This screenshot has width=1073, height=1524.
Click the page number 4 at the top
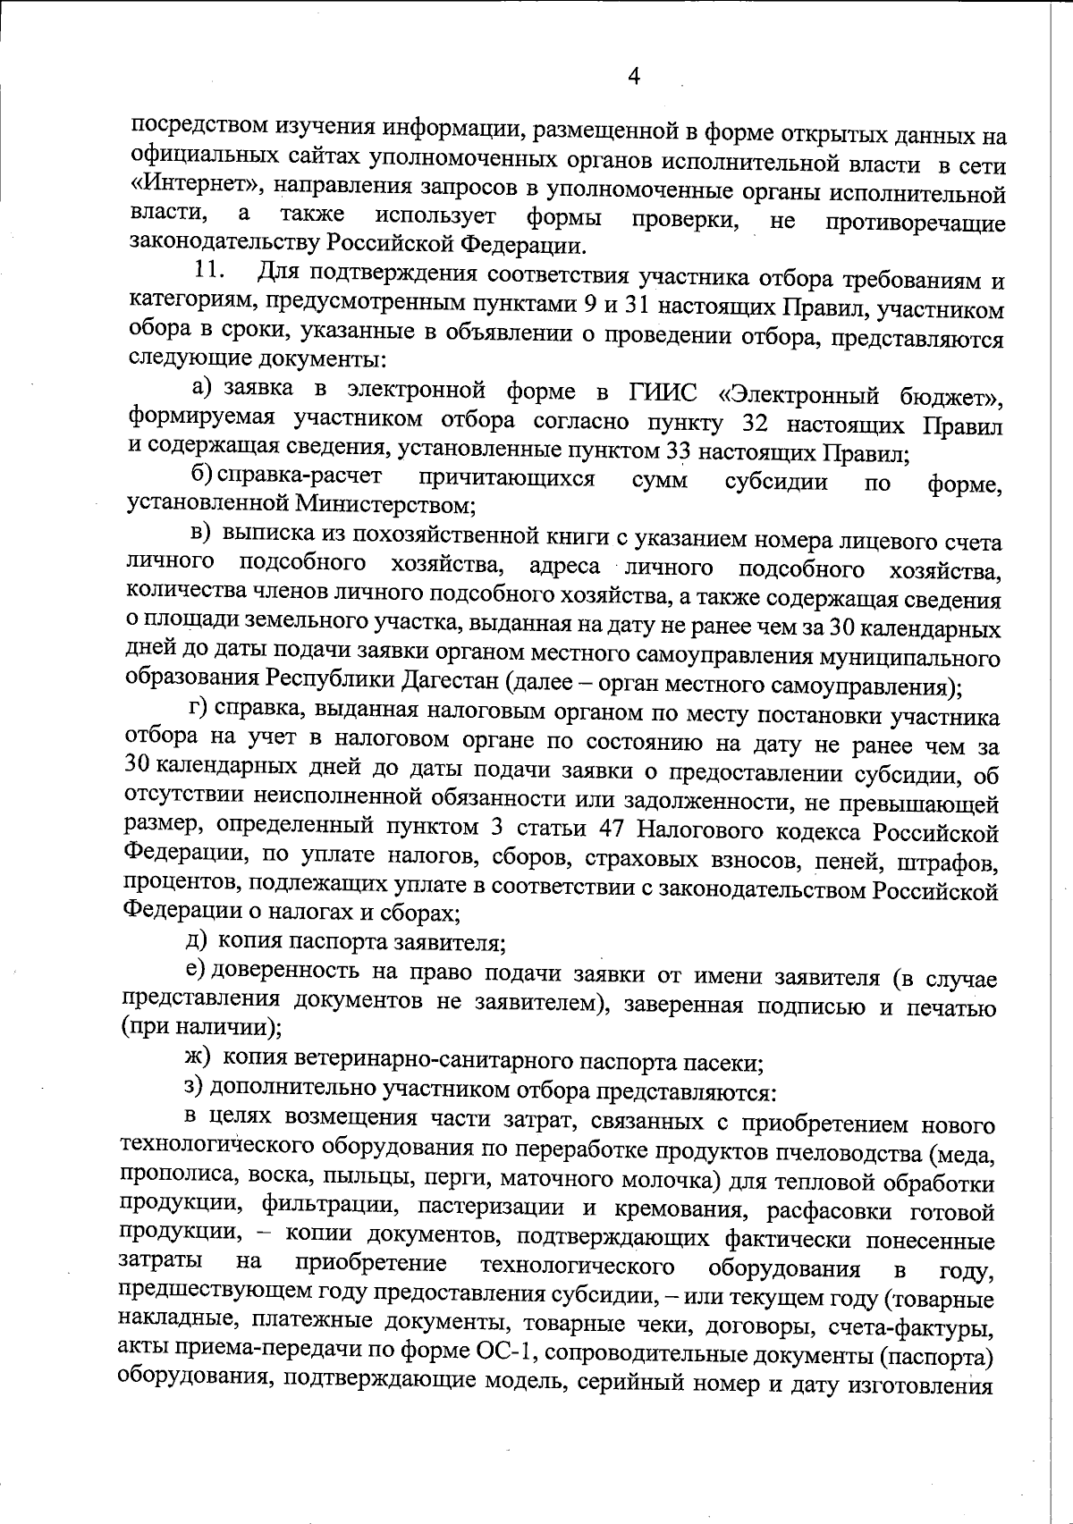click(634, 77)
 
